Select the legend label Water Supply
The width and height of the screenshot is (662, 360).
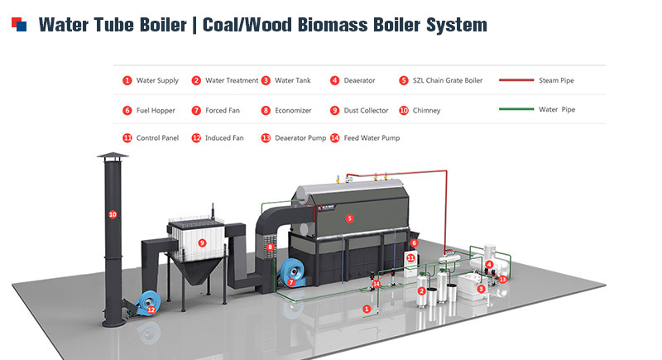tap(157, 81)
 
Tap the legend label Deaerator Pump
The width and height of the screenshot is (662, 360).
tap(300, 138)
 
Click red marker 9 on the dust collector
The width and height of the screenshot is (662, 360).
tap(201, 243)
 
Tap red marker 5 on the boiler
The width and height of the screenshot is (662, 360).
tap(349, 218)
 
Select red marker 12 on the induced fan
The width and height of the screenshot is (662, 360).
tap(151, 310)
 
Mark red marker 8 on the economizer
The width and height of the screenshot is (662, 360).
tap(270, 247)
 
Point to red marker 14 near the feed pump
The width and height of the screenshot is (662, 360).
tap(377, 284)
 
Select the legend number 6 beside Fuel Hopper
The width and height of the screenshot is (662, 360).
tap(127, 110)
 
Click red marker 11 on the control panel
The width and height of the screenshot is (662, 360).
tap(410, 259)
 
